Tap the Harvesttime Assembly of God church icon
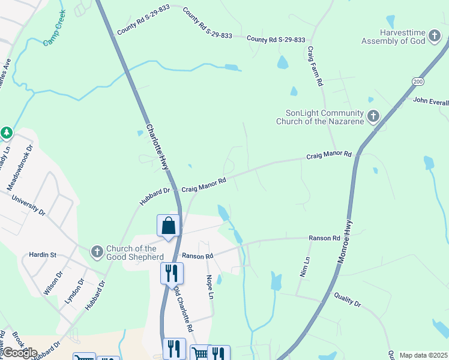[x=435, y=37]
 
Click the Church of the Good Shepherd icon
[x=96, y=253]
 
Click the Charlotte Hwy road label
[x=157, y=147]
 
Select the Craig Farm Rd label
[x=316, y=66]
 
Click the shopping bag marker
[x=169, y=226]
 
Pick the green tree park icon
[x=6, y=132]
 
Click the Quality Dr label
[x=348, y=300]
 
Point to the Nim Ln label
[x=305, y=266]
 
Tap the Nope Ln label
[x=210, y=287]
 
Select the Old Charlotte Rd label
[x=184, y=308]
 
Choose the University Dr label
[x=32, y=204]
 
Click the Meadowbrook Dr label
[x=19, y=167]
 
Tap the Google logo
[x=20, y=353]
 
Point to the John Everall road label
[x=430, y=100]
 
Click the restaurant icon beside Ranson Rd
[x=172, y=274]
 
